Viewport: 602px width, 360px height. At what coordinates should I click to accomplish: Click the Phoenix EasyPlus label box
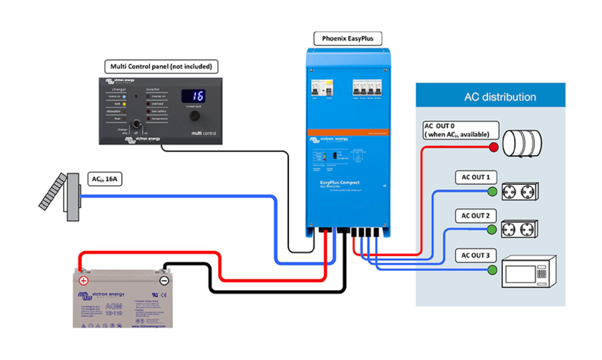point(347,38)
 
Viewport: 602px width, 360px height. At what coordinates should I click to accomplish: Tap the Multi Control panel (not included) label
point(161,66)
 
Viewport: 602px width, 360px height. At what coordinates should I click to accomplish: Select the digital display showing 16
point(193,96)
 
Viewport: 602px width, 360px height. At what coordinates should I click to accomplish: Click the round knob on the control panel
point(194,116)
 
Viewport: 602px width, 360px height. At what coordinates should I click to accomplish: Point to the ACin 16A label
point(105,179)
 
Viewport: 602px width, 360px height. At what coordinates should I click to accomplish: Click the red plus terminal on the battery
point(84,281)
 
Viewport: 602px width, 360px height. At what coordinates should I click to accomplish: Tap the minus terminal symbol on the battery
point(164,281)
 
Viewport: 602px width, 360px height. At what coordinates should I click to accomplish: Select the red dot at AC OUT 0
point(493,147)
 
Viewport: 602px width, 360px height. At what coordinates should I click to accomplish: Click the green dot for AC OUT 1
point(492,191)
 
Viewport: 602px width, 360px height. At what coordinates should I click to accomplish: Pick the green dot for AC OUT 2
point(491,229)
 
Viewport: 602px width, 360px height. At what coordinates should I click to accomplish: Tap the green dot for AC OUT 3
point(492,270)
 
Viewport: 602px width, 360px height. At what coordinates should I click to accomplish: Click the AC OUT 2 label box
point(475,216)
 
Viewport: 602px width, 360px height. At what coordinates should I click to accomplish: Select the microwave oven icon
point(529,272)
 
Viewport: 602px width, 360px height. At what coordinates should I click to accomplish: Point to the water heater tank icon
point(522,143)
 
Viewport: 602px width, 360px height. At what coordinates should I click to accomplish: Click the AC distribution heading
point(500,97)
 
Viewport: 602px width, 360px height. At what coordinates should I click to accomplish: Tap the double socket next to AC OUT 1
point(519,192)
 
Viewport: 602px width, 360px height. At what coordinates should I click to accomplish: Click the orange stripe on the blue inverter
point(348,133)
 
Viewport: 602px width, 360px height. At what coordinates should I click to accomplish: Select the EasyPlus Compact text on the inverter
point(339,182)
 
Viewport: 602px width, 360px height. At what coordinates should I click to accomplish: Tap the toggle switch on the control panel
point(136,124)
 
